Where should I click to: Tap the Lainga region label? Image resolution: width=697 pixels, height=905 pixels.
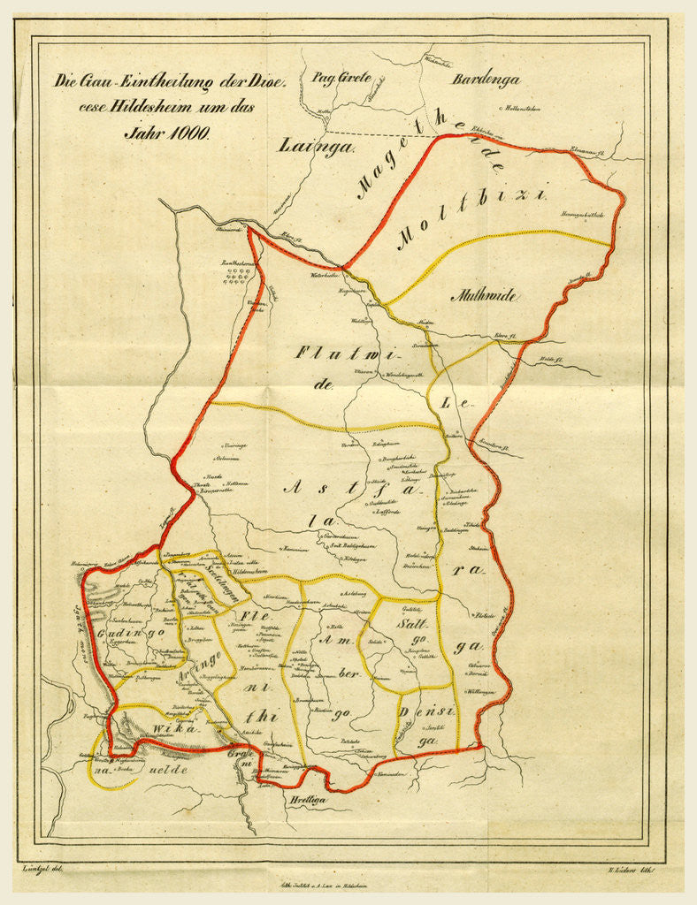click(x=316, y=147)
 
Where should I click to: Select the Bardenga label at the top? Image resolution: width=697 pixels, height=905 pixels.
click(x=486, y=80)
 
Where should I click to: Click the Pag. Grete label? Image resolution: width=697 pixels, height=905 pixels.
click(x=341, y=76)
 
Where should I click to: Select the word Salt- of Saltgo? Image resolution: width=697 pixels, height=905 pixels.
click(x=412, y=624)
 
